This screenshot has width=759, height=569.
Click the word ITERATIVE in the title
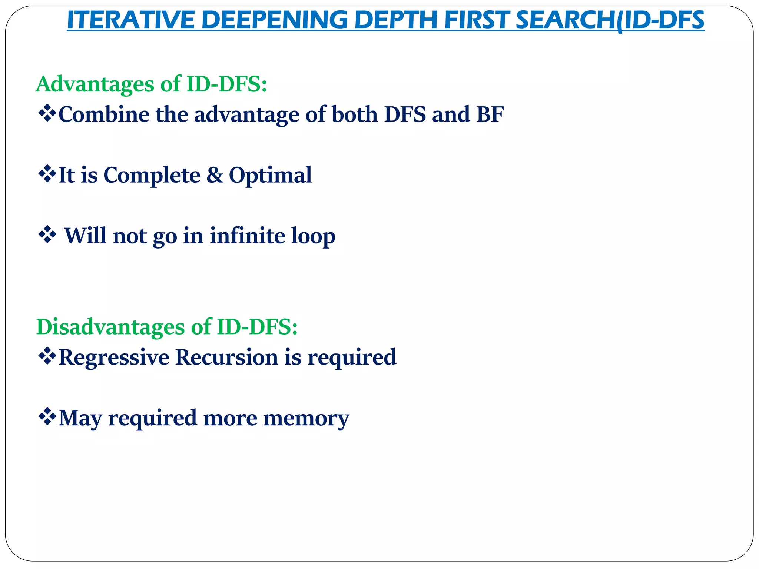131,20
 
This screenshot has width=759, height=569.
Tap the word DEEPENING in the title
275,20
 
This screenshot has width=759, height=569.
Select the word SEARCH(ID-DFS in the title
610,20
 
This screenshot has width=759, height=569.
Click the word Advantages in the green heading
95,84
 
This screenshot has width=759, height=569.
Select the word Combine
104,114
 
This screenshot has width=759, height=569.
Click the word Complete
152,175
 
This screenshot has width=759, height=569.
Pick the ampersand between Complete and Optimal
215,175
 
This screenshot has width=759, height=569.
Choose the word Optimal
270,175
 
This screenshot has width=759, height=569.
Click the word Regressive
114,357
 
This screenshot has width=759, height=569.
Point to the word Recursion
226,357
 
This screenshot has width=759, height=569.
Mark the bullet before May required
47,417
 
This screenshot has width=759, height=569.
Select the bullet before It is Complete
47,174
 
